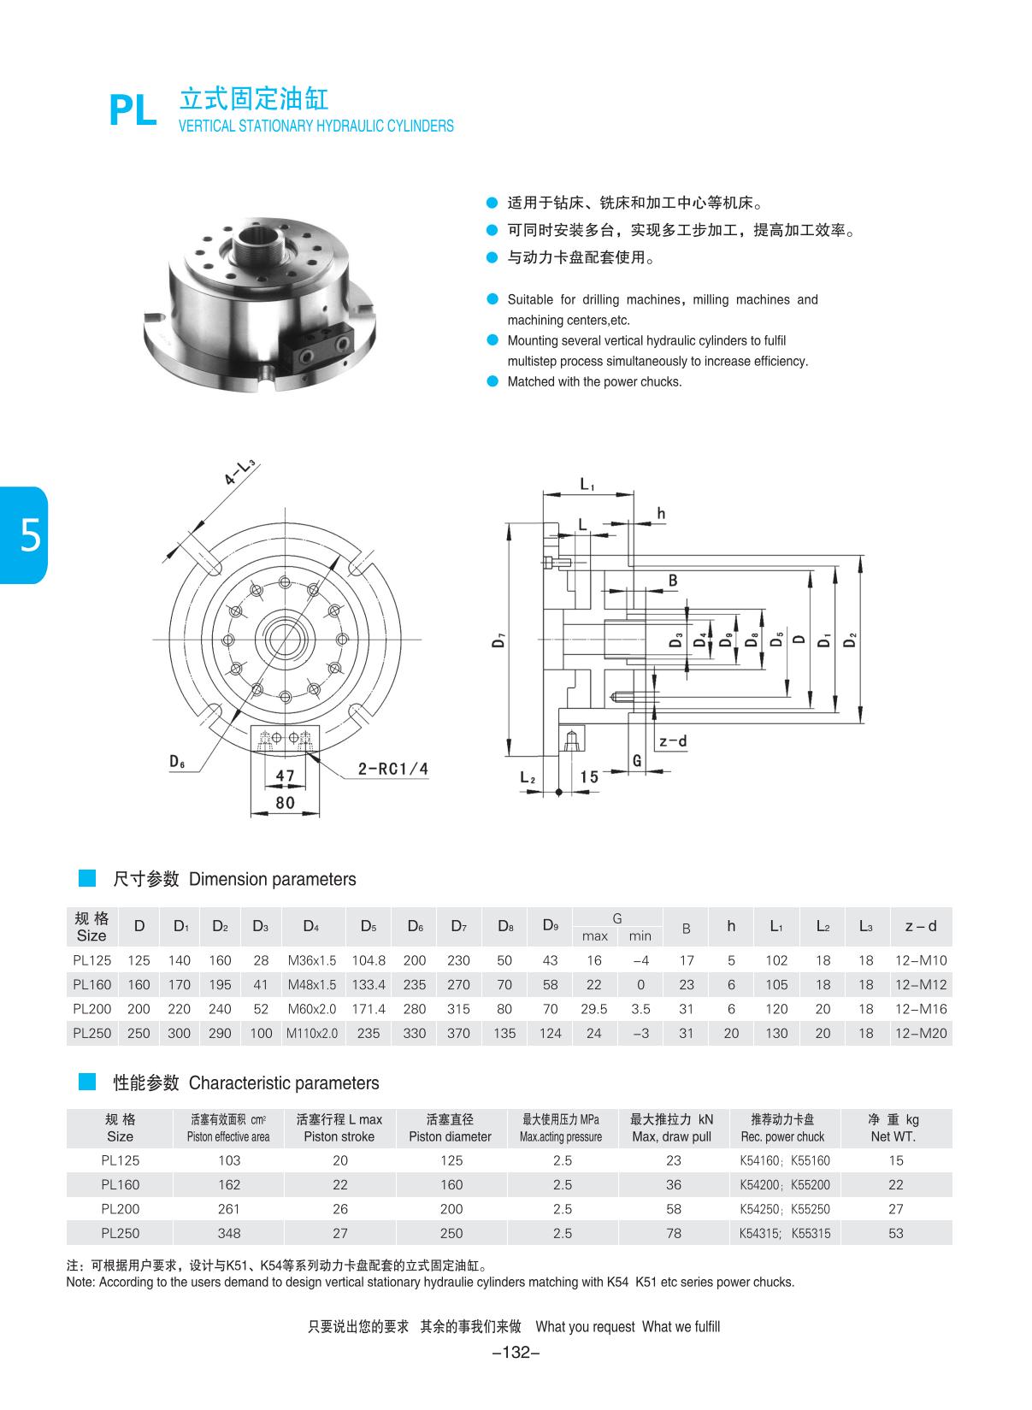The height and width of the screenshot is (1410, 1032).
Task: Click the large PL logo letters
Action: pyautogui.click(x=133, y=111)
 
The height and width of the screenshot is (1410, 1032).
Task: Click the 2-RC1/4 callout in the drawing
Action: pyautogui.click(x=392, y=769)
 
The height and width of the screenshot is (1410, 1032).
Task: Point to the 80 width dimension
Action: pyautogui.click(x=285, y=802)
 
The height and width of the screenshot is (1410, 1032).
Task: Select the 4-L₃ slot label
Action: pyautogui.click(x=240, y=473)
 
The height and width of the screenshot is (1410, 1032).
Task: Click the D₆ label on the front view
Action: pyautogui.click(x=178, y=761)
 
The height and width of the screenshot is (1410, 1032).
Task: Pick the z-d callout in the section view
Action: pyautogui.click(x=673, y=740)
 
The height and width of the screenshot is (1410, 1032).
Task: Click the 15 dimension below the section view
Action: pyautogui.click(x=589, y=776)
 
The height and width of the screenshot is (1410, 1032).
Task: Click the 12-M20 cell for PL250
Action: pyautogui.click(x=920, y=1033)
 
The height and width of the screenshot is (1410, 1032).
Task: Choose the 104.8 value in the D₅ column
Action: pyautogui.click(x=369, y=960)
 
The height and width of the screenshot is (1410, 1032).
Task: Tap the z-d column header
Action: pyautogui.click(x=920, y=926)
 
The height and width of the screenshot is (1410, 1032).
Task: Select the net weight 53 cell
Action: pyautogui.click(x=895, y=1233)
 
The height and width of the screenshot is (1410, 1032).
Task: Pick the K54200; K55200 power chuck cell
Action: pyautogui.click(x=784, y=1185)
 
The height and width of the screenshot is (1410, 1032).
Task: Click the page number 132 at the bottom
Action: pyautogui.click(x=516, y=1352)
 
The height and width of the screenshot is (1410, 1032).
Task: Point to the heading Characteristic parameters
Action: pyautogui.click(x=283, y=1083)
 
